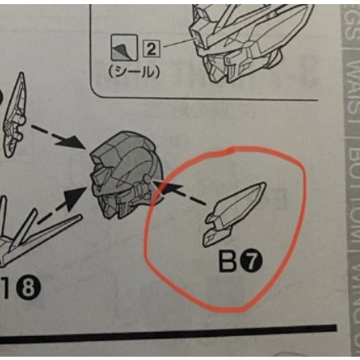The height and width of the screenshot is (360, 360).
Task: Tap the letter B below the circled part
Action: (x=228, y=263)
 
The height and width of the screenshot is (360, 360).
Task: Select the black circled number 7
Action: (x=251, y=263)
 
